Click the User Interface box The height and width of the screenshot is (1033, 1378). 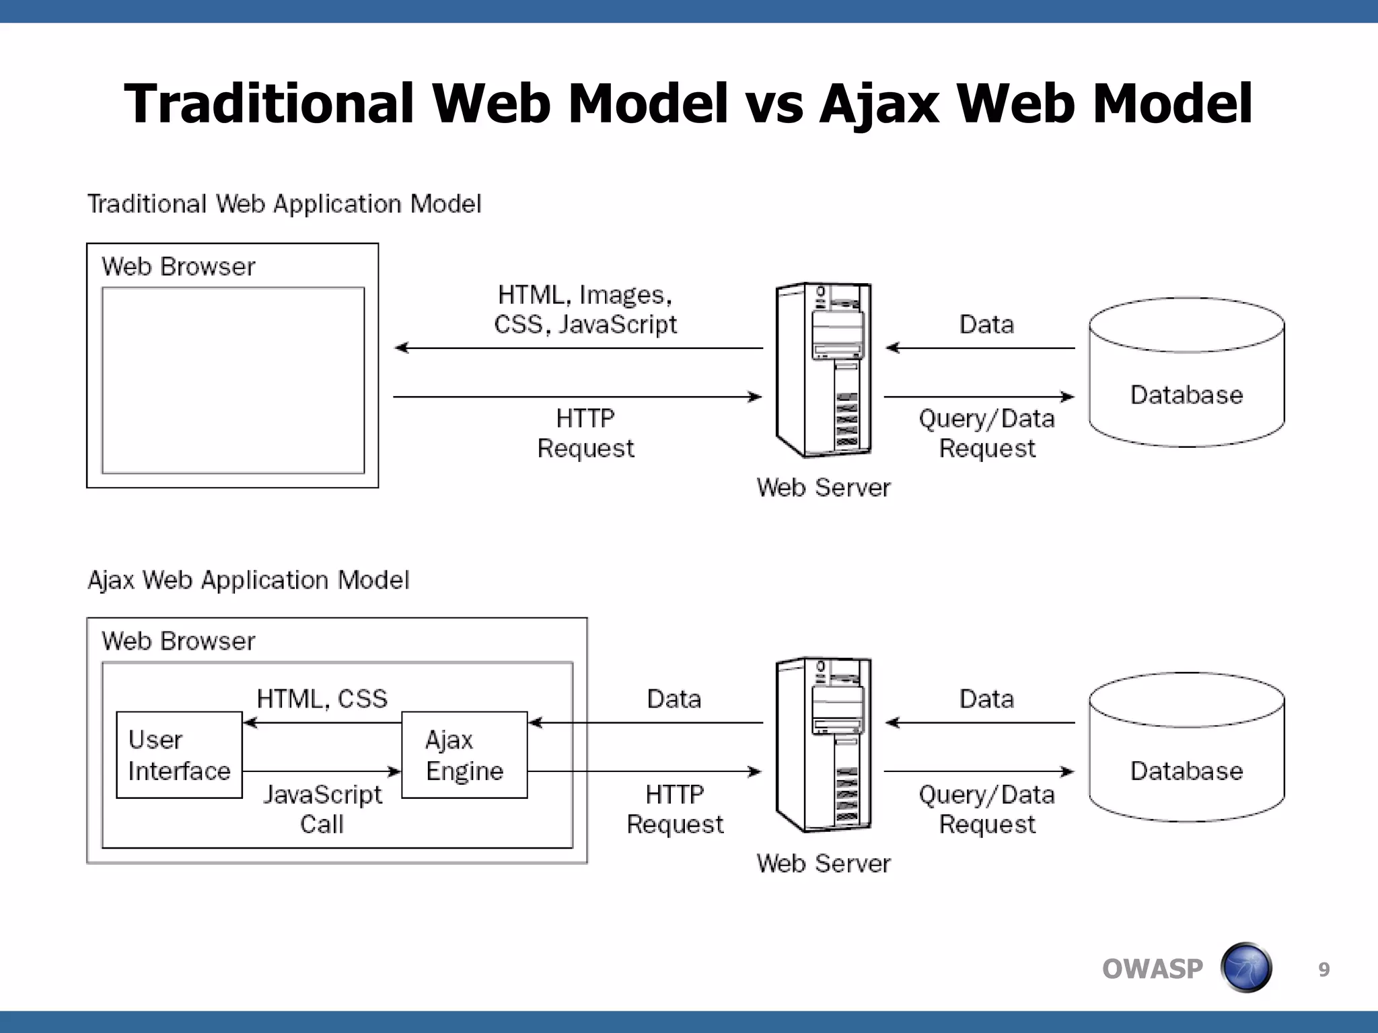(179, 755)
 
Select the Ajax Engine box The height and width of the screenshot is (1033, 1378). (464, 755)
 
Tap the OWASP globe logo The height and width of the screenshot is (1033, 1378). (1246, 968)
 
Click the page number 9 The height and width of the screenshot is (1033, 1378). (1323, 969)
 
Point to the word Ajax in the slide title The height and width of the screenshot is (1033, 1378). (879, 104)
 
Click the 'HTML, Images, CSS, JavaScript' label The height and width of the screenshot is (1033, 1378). (585, 309)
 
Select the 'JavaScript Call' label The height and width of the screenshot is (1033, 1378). (322, 809)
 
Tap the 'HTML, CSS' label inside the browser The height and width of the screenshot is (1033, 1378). (322, 699)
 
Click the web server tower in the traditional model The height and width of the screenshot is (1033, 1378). (824, 370)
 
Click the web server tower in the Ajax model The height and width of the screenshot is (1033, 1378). (824, 744)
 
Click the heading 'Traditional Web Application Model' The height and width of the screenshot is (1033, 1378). (285, 204)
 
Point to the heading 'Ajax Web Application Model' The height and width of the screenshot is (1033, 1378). (248, 580)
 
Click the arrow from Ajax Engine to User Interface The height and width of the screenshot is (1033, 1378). (322, 723)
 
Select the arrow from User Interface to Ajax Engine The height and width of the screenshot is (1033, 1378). (322, 771)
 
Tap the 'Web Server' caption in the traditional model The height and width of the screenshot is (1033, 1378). (823, 488)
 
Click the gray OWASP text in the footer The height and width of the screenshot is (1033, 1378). (1152, 969)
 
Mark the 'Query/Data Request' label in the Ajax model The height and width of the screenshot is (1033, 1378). (986, 809)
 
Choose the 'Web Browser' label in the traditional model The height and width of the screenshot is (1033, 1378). (178, 266)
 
